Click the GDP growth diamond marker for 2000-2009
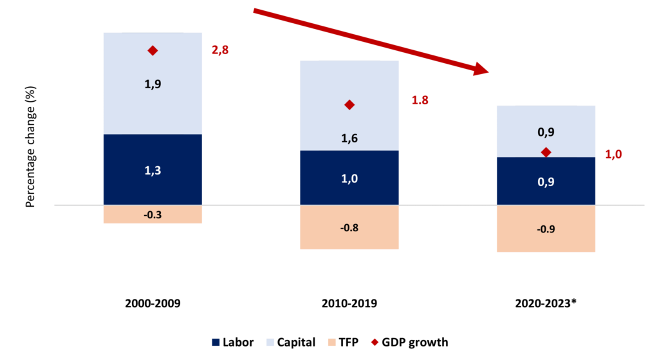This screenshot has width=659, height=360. pyautogui.click(x=153, y=50)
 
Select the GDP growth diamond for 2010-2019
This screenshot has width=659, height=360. pyautogui.click(x=349, y=104)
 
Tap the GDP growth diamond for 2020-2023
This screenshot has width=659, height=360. pyautogui.click(x=546, y=152)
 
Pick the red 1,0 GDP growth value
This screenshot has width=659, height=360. pyautogui.click(x=615, y=154)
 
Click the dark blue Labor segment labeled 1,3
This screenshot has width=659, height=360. pyautogui.click(x=153, y=170)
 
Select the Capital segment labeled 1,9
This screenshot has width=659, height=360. pyautogui.click(x=153, y=84)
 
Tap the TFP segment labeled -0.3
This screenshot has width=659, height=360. pyautogui.click(x=153, y=214)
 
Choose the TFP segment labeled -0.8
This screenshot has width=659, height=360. pyautogui.click(x=349, y=227)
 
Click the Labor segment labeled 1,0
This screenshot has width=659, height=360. pyautogui.click(x=349, y=178)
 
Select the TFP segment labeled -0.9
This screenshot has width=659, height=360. pyautogui.click(x=546, y=229)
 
